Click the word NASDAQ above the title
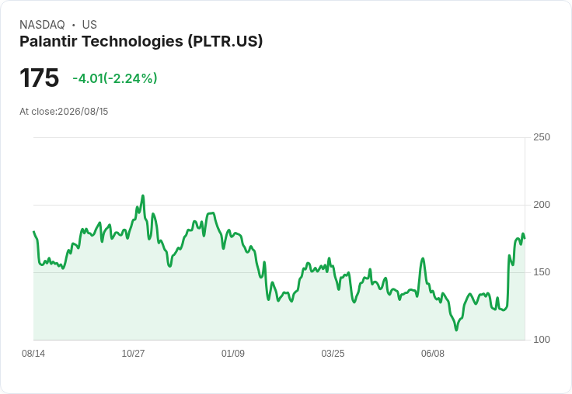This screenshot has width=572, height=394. pos(42,25)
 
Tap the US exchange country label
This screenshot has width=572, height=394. pos(89,25)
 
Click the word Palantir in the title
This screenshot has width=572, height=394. pos(48,41)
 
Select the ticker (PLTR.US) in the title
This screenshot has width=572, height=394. pos(225,42)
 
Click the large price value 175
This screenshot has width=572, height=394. pos(39,78)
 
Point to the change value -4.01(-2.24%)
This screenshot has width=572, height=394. pos(115,78)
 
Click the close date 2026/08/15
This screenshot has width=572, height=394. pos(83,112)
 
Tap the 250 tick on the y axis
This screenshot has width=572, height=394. pos(542,137)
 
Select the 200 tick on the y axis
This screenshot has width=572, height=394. pos(542,205)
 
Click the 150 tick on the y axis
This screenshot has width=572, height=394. pos(542,272)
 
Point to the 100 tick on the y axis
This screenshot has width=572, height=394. pos(542,340)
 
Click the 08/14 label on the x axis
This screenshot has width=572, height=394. pos(33,353)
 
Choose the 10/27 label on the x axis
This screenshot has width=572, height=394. pos(133,353)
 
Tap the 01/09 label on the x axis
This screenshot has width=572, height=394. pos(233,353)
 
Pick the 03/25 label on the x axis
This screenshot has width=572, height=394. pos(333,353)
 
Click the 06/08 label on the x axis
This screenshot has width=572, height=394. pos(433,353)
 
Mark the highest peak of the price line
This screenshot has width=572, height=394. pos(143,195)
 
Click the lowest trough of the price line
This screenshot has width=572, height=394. pos(456,330)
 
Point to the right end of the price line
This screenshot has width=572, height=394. pos(525,239)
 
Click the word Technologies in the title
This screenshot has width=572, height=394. pos(132,42)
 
